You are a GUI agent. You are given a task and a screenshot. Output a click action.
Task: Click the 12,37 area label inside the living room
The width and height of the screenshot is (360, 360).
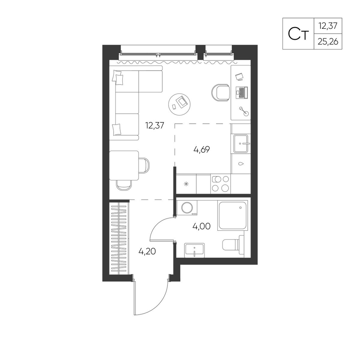coord(154,126)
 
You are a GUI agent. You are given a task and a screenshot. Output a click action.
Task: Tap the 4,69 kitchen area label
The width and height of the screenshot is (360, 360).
coord(202,150)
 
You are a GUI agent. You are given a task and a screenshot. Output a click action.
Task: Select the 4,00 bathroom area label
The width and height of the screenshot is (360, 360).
coord(201,226)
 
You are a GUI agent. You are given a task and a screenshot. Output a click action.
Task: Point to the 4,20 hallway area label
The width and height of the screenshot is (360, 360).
coord(147,251)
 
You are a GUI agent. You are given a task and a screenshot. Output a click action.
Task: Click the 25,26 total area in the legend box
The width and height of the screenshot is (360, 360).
coord(328,42)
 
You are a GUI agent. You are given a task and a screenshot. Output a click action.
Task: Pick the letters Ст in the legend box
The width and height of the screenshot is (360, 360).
coord(298,34)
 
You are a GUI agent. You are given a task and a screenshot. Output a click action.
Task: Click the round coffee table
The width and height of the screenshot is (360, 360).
coord(180,104)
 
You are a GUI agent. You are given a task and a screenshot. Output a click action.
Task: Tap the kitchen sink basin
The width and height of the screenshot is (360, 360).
coord(241,144)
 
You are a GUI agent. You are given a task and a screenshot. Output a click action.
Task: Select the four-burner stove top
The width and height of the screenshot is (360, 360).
coord(221,184)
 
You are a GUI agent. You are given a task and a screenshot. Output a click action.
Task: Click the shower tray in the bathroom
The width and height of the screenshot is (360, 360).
coord(233,215)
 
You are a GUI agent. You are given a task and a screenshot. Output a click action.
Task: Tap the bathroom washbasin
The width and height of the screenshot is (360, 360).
coord(194,249)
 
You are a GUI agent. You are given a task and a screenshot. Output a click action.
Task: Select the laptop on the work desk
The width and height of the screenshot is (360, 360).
coord(242,93)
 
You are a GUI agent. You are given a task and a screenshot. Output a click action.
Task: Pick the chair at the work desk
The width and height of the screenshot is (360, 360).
coord(220,92)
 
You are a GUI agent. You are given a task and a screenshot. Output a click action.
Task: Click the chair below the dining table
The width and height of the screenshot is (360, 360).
coord(124,185)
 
